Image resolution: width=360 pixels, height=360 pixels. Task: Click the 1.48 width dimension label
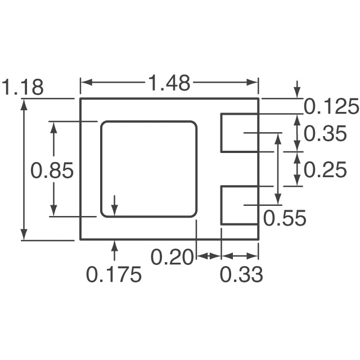pos(169,84)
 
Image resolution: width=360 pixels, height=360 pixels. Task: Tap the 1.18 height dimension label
pos(23,88)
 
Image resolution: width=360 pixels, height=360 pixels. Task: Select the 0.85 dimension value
pos(52,170)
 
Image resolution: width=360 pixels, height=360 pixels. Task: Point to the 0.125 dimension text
pos(331,106)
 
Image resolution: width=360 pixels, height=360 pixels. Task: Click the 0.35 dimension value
pos(326,134)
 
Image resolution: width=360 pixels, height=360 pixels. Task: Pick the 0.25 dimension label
pos(326,169)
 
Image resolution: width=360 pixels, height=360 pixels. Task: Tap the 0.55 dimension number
pos(285,218)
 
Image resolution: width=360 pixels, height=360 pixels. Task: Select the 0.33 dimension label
pos(241,275)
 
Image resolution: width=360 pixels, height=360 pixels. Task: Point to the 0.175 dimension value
pos(114,275)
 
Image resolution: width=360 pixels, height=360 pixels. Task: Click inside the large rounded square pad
pos(148,169)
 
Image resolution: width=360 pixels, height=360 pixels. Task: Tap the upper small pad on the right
pos(239,133)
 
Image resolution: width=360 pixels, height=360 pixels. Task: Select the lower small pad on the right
pos(239,205)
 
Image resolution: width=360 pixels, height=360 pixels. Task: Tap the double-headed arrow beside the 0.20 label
pos(208,256)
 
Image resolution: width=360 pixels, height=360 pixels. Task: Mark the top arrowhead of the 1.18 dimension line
pos(24,103)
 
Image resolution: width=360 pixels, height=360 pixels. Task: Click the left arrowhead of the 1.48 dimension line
pos(85,83)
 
